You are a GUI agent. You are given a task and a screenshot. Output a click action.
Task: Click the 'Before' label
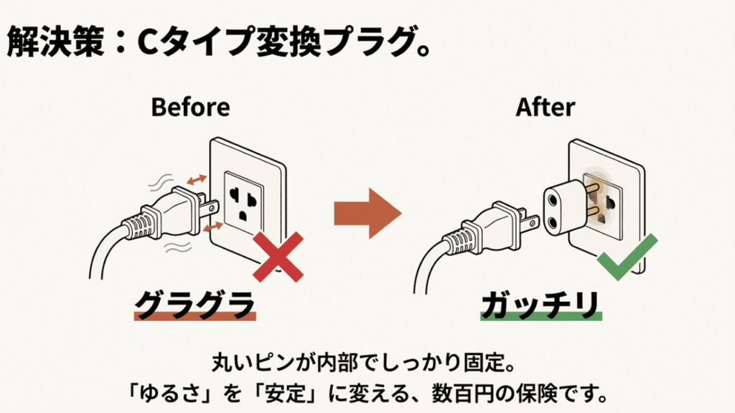pyautogui.click(x=190, y=107)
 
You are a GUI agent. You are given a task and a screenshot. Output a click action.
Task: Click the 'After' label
pyautogui.click(x=546, y=107)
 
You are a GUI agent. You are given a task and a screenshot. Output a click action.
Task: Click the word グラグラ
pyautogui.click(x=195, y=305)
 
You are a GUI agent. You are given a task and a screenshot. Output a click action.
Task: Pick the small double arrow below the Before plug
pyautogui.click(x=212, y=227)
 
